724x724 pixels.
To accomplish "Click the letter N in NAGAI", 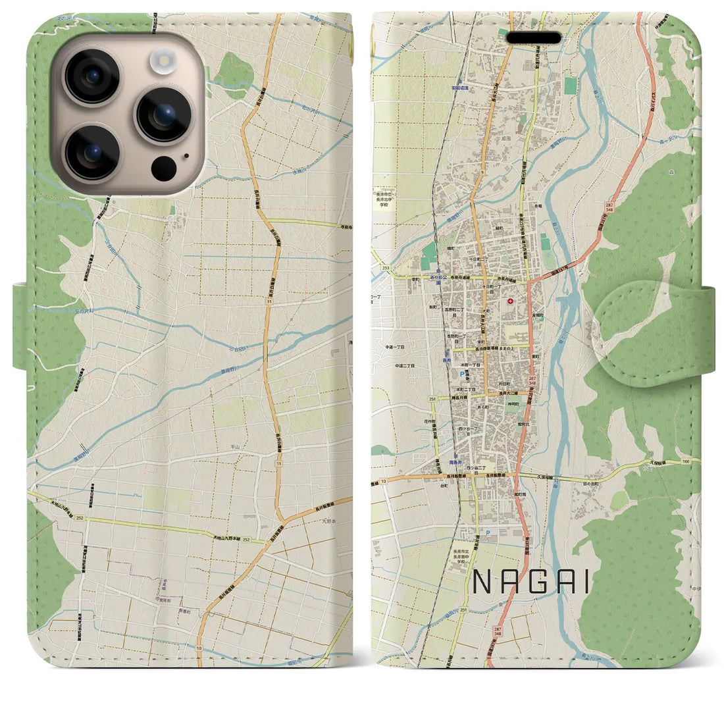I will click(x=481, y=582).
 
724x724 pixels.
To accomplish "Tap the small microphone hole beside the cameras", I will click(x=186, y=156).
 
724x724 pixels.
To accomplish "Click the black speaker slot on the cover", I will click(x=533, y=38).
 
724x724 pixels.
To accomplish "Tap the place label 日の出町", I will click(x=591, y=482).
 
